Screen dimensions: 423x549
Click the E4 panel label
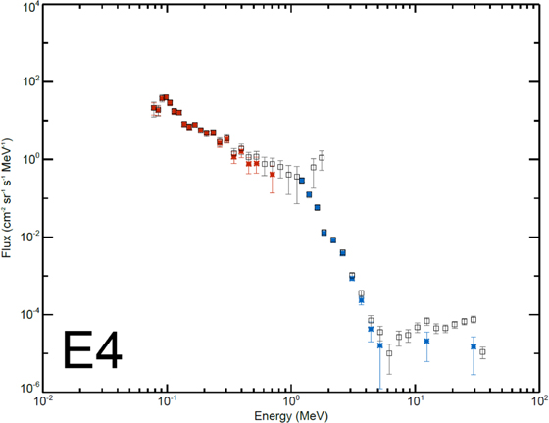pos(93,349)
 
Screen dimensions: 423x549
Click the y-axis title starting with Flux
pos(9,197)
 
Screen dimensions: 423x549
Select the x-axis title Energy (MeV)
pos(289,415)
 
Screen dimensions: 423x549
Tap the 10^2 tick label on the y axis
pos(27,81)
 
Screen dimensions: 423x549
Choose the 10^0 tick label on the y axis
pos(27,159)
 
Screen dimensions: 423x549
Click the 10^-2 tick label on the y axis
pos(27,237)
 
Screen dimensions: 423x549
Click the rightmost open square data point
pos(482,351)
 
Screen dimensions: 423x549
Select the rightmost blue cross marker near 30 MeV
pos(474,346)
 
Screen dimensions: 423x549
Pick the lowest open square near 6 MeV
pos(389,352)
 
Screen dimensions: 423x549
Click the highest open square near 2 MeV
pos(321,157)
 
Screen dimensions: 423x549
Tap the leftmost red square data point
pos(154,107)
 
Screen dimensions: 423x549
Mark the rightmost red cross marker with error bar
pos(272,174)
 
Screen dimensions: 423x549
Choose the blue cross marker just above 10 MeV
pos(426,341)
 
